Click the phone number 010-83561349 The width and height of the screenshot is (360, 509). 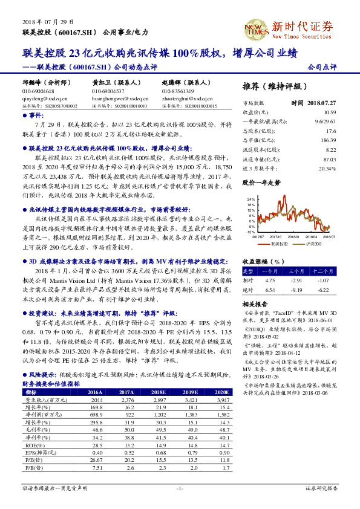click(177, 91)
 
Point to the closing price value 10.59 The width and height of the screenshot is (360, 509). click(329, 112)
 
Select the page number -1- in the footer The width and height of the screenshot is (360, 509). click(180, 488)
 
